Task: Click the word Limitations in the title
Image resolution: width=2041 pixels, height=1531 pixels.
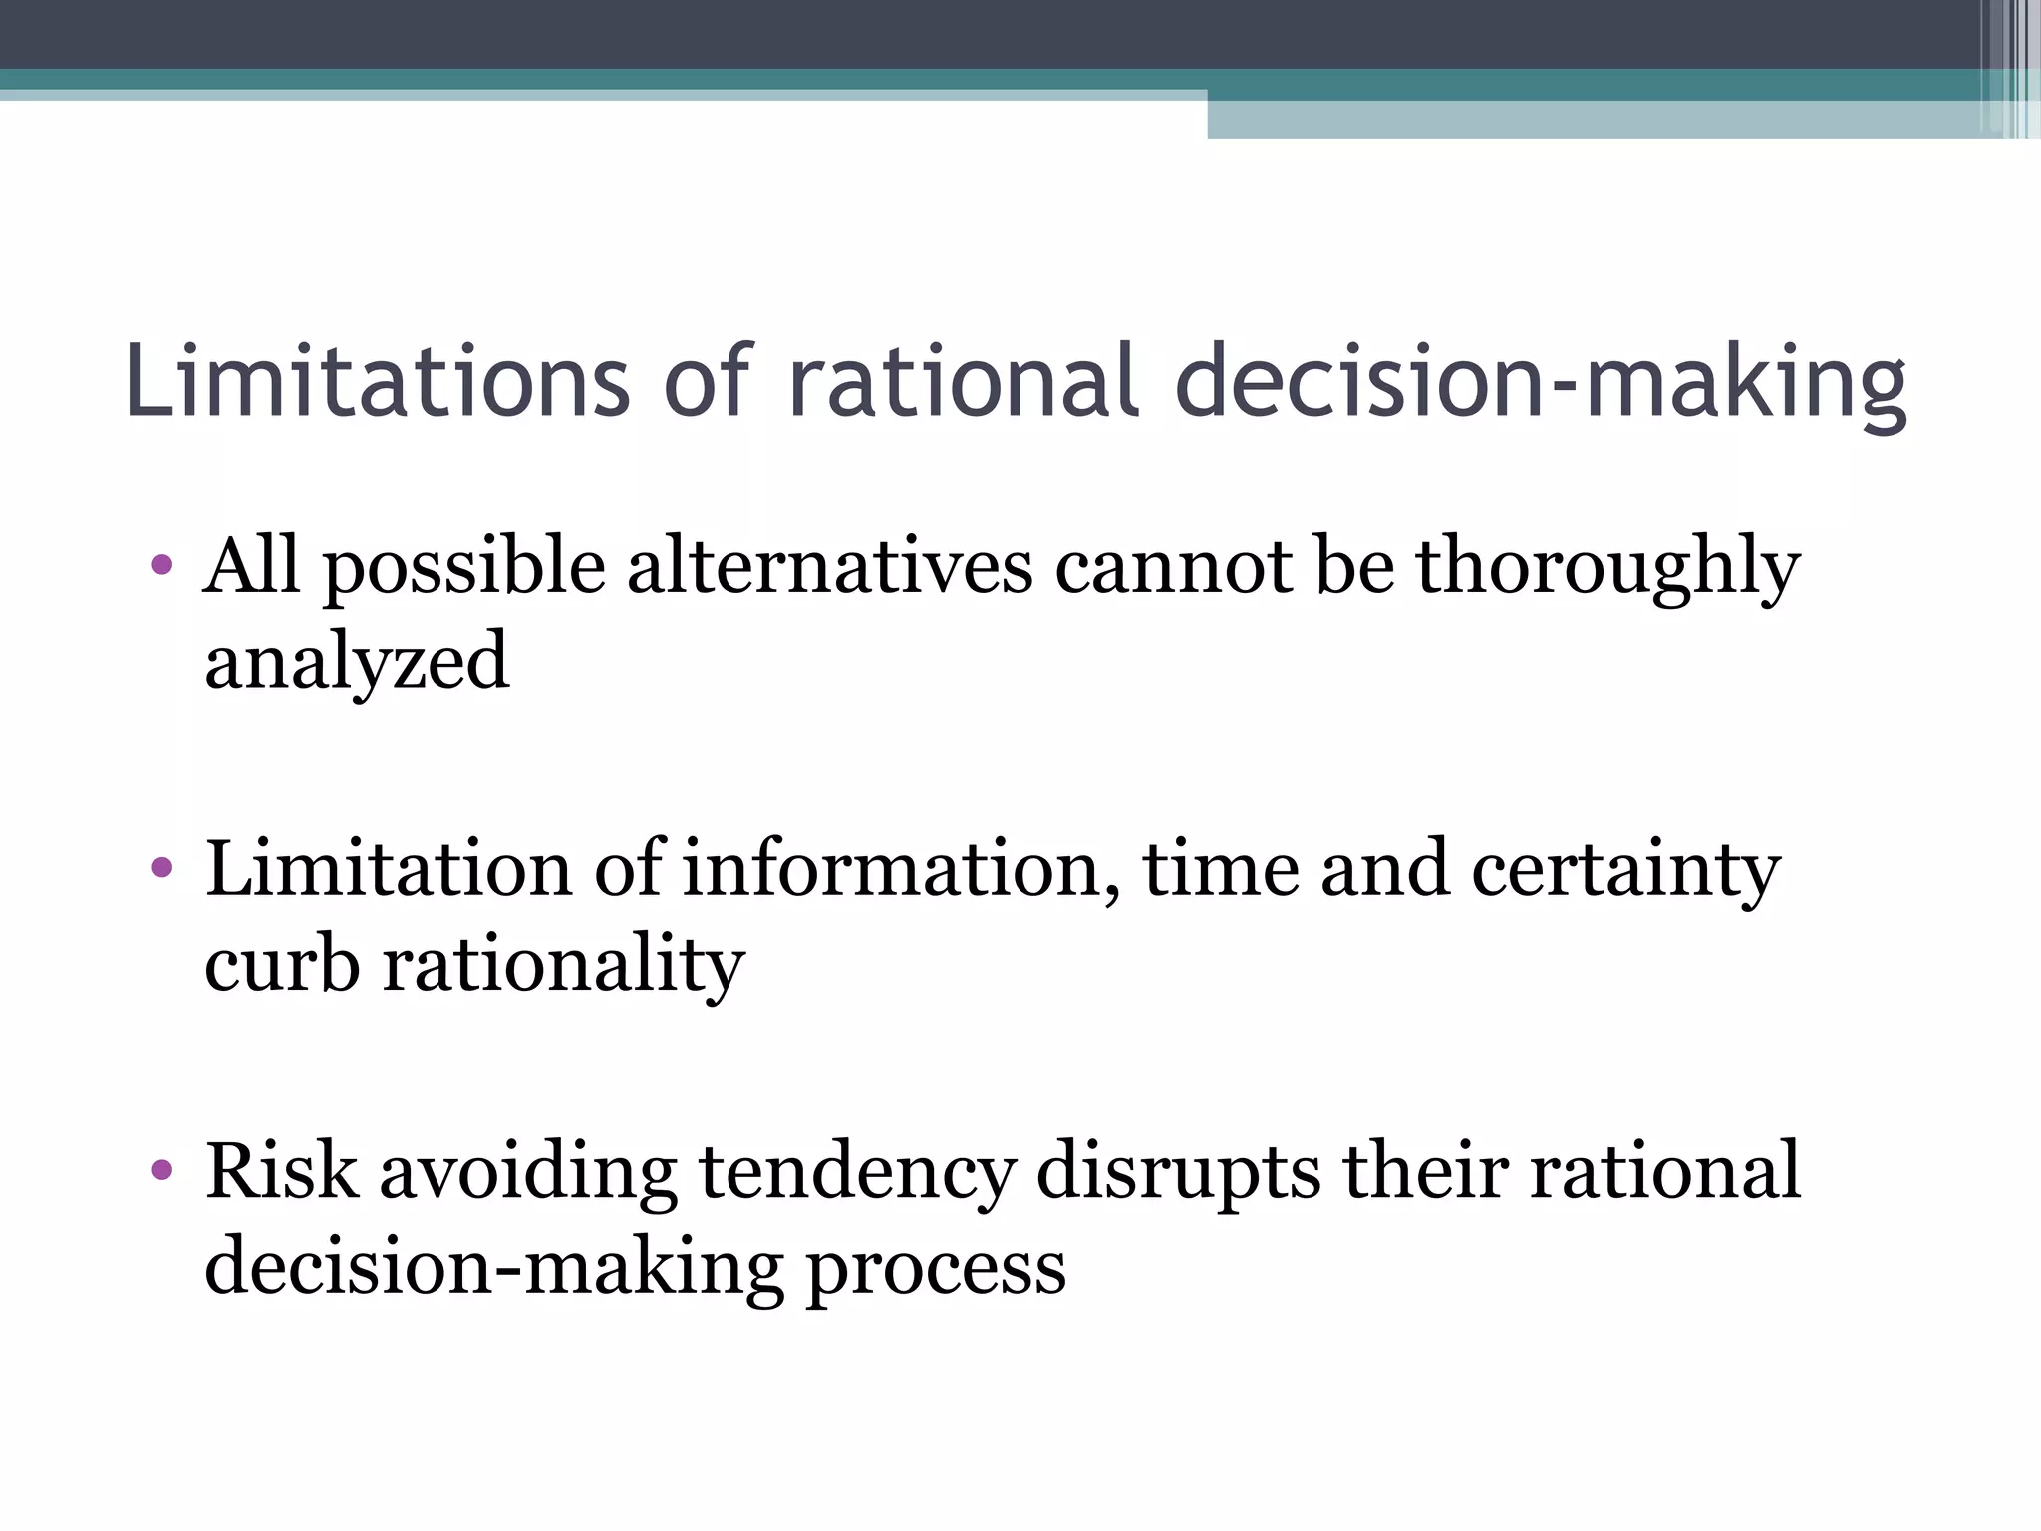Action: point(378,381)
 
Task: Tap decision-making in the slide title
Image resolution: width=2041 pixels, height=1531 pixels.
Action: point(1541,383)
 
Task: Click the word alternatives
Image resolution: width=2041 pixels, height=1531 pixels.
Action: point(830,566)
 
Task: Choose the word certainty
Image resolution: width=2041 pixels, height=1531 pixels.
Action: point(1625,870)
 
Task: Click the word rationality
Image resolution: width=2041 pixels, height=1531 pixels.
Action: point(564,965)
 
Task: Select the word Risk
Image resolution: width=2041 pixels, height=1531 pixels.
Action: point(281,1170)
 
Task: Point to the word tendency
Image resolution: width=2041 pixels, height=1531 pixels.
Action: point(856,1172)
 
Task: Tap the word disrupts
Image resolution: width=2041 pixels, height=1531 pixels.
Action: point(1179,1172)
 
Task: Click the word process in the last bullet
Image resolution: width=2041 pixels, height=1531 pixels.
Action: point(936,1268)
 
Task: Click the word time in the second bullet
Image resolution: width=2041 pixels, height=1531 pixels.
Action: point(1221,868)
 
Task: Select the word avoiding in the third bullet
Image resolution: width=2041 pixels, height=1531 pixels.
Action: point(528,1172)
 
